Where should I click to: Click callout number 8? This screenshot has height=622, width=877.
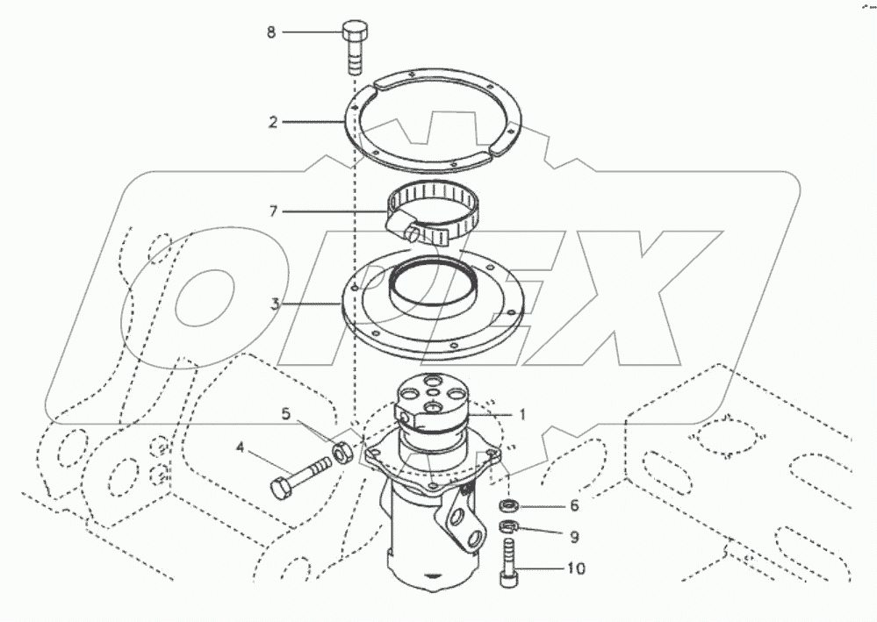271,32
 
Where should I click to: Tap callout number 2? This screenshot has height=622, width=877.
273,122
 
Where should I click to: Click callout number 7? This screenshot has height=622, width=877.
273,211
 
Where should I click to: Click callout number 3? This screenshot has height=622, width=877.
275,304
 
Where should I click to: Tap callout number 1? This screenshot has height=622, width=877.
521,414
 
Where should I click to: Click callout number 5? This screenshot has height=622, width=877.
284,412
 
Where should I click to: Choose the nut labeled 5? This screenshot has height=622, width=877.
345,454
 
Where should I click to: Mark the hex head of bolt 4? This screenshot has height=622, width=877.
282,488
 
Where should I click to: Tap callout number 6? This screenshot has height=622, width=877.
574,505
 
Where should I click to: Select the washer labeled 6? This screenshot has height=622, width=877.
507,505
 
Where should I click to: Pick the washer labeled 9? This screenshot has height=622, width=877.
507,527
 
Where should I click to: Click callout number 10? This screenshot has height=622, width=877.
575,568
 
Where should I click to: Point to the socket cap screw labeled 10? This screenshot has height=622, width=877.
507,561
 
